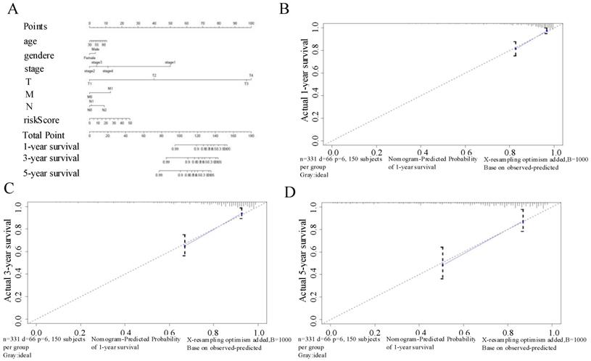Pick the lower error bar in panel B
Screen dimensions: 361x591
pyautogui.click(x=516, y=49)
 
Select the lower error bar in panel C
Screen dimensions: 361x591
pyautogui.click(x=184, y=246)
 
